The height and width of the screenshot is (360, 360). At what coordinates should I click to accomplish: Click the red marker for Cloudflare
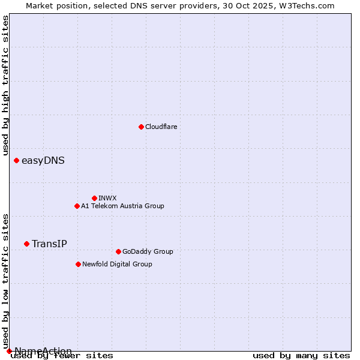(x=141, y=127)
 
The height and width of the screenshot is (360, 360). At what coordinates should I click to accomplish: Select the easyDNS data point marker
(x=16, y=160)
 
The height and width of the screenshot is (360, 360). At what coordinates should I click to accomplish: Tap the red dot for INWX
(x=94, y=198)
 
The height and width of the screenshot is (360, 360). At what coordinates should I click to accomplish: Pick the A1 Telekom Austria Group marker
(x=77, y=206)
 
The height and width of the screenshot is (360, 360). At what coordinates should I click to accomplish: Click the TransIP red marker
(x=26, y=244)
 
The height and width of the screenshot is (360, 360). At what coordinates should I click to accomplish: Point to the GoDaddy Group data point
(x=118, y=251)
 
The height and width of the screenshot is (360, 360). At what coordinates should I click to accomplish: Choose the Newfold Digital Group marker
(x=78, y=264)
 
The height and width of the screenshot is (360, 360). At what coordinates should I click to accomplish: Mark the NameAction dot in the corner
(x=9, y=351)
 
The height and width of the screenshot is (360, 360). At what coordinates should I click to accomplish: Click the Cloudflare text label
(x=161, y=127)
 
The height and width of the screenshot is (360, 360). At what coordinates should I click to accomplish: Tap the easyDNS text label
(x=43, y=160)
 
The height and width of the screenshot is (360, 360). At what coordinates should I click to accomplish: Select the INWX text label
(x=107, y=198)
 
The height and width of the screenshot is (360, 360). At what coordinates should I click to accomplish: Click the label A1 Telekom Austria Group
(x=122, y=206)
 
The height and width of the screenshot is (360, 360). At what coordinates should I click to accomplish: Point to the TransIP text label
(x=49, y=244)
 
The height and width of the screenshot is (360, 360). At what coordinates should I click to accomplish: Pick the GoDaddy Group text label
(x=148, y=251)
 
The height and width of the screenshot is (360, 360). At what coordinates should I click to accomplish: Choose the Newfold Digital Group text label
(x=117, y=264)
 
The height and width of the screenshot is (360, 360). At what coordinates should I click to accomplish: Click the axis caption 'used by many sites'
(x=301, y=355)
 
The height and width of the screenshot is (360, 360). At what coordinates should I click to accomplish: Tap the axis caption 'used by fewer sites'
(x=62, y=356)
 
